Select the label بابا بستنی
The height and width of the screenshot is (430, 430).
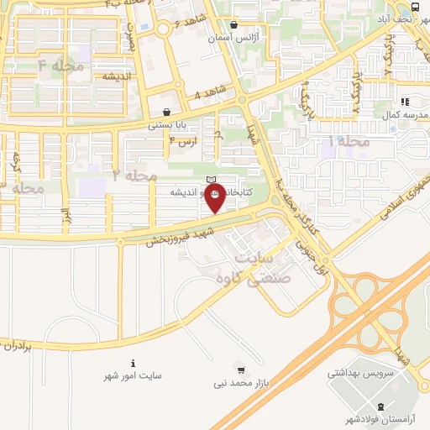click(x=166, y=124)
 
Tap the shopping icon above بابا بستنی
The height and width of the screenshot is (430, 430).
click(x=166, y=111)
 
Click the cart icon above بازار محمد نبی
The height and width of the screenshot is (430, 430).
click(x=241, y=370)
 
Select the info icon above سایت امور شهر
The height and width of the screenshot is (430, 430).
click(x=134, y=363)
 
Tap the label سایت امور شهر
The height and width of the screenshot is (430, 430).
click(x=133, y=377)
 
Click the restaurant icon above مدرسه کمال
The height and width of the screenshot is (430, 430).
click(x=405, y=101)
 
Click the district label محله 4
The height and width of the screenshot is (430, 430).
click(x=54, y=64)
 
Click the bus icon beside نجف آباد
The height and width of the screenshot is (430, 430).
click(x=417, y=8)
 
